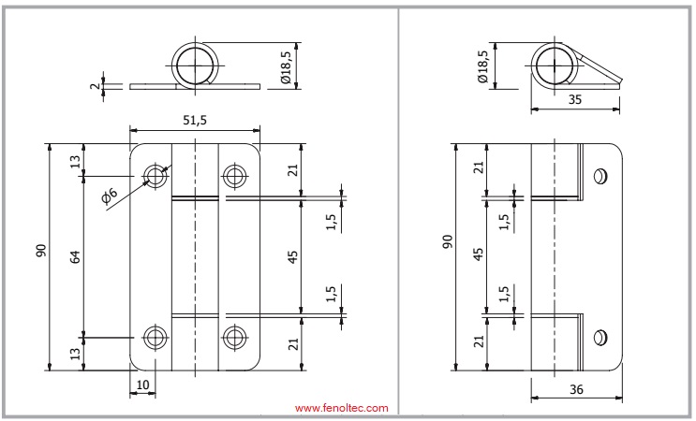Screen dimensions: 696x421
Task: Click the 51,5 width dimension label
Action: (x=195, y=120)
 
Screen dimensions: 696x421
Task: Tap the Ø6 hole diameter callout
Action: (x=110, y=195)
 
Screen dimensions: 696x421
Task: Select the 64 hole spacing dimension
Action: (x=76, y=256)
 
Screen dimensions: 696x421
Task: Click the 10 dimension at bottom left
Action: (x=142, y=385)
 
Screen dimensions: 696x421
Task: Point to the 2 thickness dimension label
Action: (x=95, y=85)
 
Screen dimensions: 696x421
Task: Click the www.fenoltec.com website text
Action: (x=341, y=408)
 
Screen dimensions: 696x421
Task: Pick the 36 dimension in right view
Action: (x=576, y=389)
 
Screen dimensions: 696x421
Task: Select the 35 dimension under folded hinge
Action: (x=575, y=100)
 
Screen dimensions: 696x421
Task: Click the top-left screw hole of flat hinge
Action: (x=155, y=177)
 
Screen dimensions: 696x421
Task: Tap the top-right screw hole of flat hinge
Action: (x=233, y=177)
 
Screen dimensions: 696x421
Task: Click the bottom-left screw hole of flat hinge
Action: (x=155, y=338)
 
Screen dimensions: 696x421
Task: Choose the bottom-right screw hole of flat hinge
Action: (x=233, y=338)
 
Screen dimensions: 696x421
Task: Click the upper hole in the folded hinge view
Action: (x=600, y=177)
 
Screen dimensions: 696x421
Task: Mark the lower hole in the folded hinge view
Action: (x=600, y=338)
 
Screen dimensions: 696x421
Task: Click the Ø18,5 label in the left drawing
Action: (x=286, y=66)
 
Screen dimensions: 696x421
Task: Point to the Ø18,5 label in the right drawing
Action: (x=482, y=66)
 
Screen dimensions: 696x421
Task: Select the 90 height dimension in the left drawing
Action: (x=41, y=251)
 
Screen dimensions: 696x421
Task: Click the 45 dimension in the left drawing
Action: (x=292, y=257)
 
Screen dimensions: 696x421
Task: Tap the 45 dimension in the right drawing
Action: (x=478, y=254)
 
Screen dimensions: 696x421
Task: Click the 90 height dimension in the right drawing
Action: (x=448, y=241)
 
